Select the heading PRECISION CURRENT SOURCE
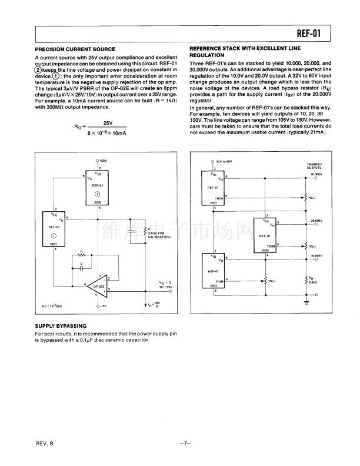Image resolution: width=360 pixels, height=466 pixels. tap(75, 49)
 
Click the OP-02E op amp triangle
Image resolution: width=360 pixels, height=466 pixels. tap(98, 288)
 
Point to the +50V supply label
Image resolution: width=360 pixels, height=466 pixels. tap(103, 161)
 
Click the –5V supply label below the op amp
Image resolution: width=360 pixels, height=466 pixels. tap(103, 307)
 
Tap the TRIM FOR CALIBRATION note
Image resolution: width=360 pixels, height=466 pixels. tap(155, 234)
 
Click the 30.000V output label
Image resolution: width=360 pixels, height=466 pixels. tap(318, 175)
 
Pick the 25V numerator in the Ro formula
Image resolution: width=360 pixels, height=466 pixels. tap(108, 122)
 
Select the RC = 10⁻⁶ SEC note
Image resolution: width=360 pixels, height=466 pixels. tap(52, 307)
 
